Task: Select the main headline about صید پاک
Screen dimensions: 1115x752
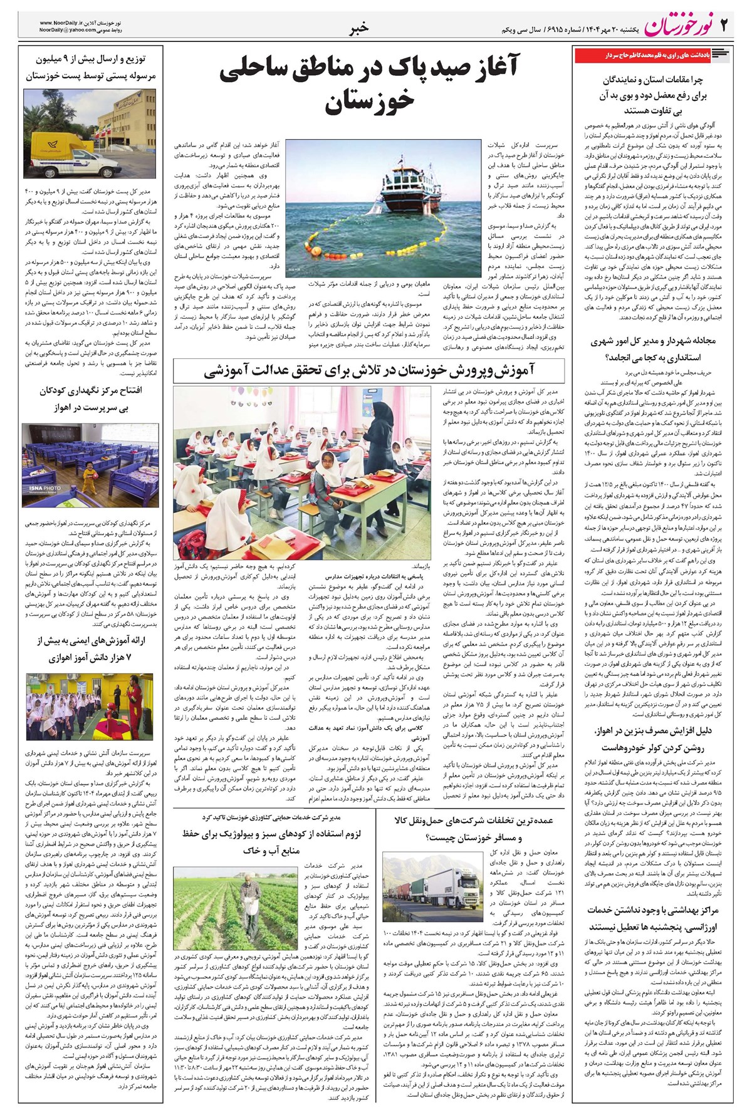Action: [368, 87]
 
